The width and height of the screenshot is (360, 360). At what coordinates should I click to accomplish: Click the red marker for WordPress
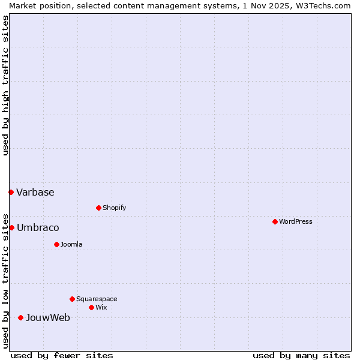point(275,221)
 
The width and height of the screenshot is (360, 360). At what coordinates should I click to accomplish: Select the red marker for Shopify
point(98,208)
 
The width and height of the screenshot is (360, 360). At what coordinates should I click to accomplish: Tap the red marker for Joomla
point(56,244)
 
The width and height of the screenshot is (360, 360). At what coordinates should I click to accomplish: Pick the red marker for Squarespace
point(72,299)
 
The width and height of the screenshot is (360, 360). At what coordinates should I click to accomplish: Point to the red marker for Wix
point(91,307)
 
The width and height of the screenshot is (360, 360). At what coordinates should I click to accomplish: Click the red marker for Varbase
point(11,192)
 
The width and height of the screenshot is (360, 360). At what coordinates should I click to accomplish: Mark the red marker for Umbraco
point(11,227)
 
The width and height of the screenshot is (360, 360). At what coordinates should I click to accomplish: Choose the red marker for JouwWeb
point(20,317)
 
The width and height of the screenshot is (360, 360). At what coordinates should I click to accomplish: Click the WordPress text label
point(296,221)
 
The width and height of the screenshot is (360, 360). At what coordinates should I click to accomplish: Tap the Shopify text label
point(114,208)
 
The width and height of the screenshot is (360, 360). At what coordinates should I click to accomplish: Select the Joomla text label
point(71,244)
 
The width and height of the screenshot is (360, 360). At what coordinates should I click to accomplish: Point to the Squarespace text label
point(97,299)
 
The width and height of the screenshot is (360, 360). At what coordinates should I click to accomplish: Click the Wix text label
point(101,307)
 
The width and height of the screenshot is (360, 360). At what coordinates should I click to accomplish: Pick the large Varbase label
point(35,192)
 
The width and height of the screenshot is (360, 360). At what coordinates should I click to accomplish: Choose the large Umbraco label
point(38,227)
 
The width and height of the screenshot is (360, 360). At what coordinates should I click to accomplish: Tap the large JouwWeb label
point(47,317)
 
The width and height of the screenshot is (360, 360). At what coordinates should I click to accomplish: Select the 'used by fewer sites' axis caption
point(62,355)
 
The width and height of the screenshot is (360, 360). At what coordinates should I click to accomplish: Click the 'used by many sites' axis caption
point(301,355)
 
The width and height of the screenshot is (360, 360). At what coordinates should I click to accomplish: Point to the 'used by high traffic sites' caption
point(5,85)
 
